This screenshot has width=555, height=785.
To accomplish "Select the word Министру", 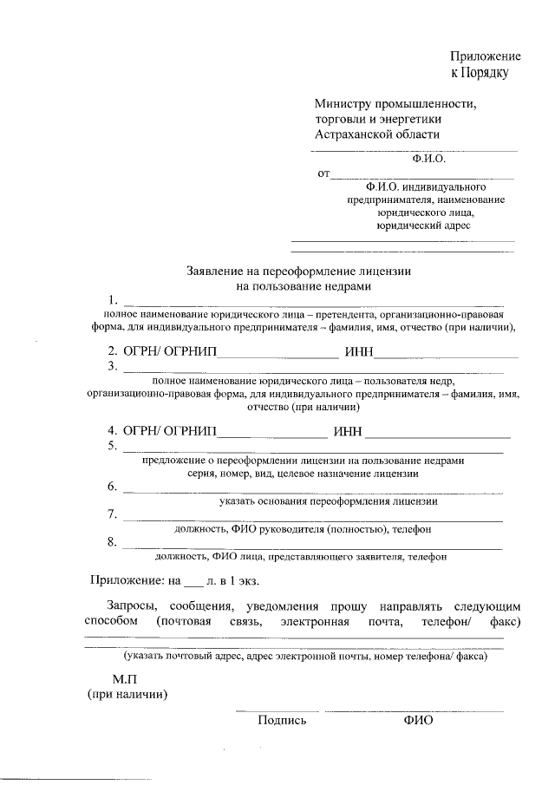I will (343, 102).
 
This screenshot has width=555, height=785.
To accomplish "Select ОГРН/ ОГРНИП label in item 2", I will (170, 351).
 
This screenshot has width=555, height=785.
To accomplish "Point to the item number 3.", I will (112, 366).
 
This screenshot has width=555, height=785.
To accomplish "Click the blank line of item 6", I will (312, 491).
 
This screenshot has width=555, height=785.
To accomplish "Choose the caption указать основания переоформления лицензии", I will (328, 501).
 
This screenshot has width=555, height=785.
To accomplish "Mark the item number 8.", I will (112, 543).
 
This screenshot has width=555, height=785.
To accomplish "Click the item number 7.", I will (112, 514).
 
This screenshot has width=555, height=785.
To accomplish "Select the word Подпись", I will (282, 721).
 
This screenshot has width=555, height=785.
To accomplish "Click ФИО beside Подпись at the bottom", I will (417, 721).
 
